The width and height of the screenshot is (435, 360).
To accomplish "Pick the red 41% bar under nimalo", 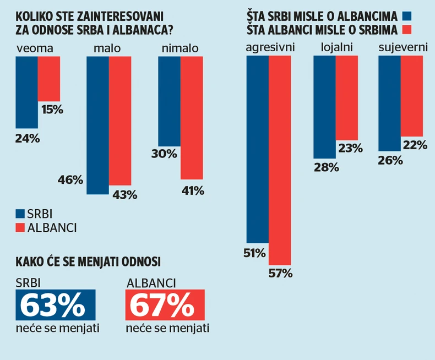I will (x=192, y=117).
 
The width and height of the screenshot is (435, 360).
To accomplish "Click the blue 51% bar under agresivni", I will (x=257, y=149).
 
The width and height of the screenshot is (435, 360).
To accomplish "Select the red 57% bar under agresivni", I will (x=280, y=160).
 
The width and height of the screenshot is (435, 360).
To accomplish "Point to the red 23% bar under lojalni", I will (x=347, y=98).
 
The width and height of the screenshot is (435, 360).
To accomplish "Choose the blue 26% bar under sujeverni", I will (x=389, y=103).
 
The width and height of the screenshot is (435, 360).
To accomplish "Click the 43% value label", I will (x=125, y=195).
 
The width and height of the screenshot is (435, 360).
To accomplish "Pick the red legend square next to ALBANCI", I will (x=20, y=227).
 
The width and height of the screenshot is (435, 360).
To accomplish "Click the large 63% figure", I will (x=56, y=306).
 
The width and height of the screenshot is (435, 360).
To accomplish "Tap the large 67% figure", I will (x=165, y=306).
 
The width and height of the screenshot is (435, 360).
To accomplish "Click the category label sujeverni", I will (x=403, y=48).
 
